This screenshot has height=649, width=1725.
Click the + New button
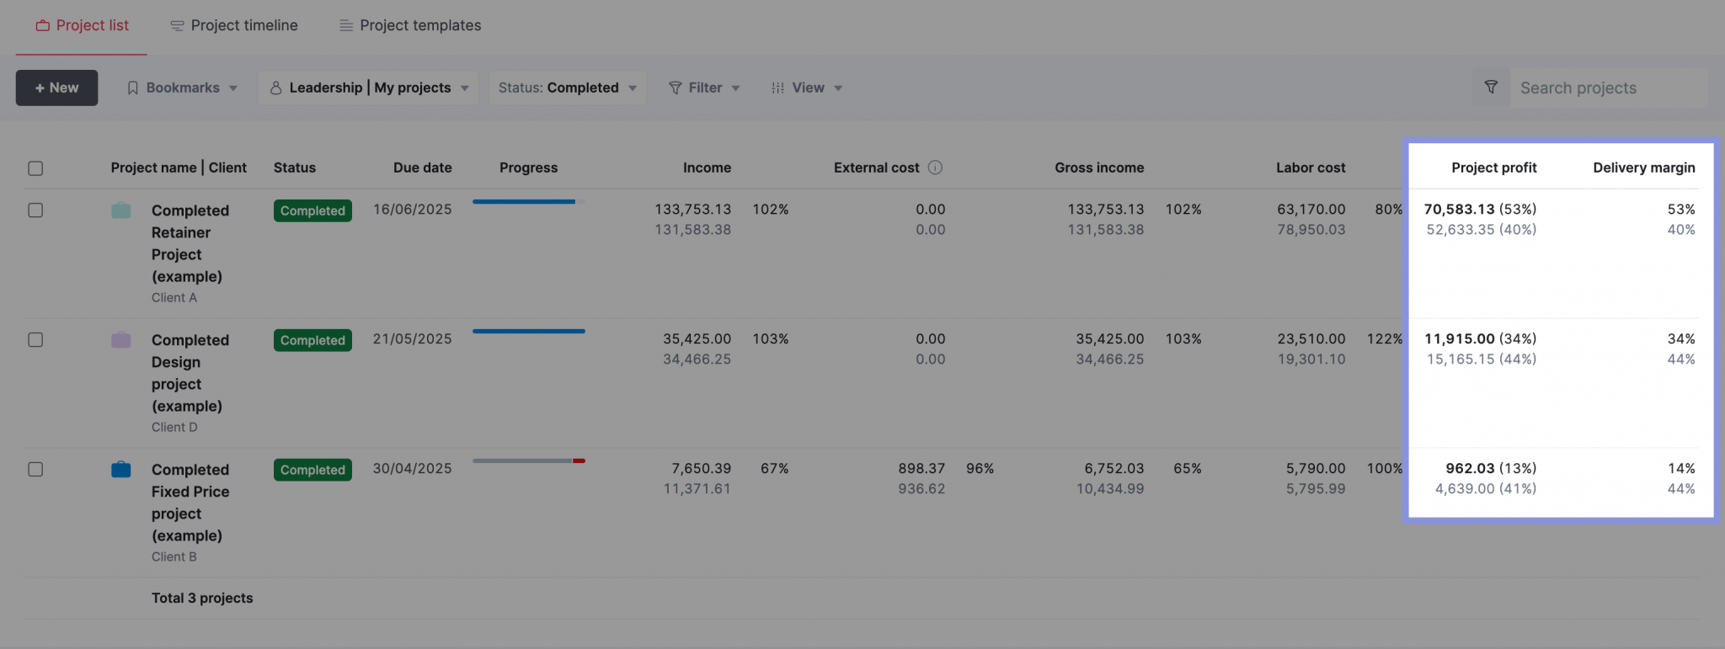click(x=56, y=88)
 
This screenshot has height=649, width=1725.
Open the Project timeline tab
click(x=234, y=25)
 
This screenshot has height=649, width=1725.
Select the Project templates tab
click(x=410, y=25)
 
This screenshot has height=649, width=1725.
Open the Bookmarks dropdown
click(x=182, y=88)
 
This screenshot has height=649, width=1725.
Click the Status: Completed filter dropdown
click(x=567, y=88)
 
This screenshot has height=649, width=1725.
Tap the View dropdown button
click(x=806, y=88)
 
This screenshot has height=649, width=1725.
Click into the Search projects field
click(x=1607, y=88)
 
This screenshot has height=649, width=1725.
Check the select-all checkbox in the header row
click(x=35, y=168)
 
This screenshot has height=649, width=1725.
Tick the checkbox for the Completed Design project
click(x=35, y=340)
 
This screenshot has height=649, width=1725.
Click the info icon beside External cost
click(x=935, y=168)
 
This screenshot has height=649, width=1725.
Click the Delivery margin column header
click(x=1643, y=168)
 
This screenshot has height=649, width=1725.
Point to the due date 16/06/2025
click(x=412, y=210)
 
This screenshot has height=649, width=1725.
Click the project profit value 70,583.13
click(x=1459, y=210)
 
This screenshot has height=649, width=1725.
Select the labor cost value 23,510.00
click(x=1311, y=339)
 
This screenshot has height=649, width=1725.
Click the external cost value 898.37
click(x=921, y=469)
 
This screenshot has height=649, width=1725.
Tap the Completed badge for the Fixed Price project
click(x=312, y=470)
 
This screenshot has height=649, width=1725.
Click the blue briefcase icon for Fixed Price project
click(x=121, y=469)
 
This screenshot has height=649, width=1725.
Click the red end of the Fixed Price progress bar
click(x=579, y=461)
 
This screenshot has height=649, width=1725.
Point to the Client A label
click(x=174, y=298)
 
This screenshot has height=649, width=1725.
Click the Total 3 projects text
click(x=202, y=598)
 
